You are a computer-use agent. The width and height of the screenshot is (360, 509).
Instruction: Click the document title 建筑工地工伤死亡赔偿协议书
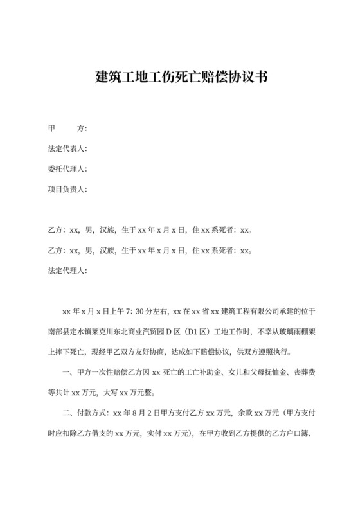pyautogui.click(x=181, y=78)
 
